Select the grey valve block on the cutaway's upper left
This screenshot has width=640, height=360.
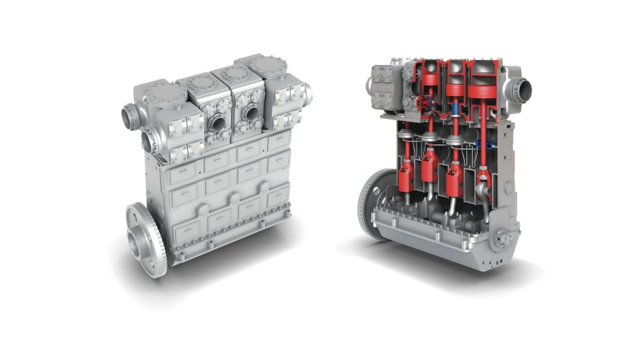pyautogui.click(x=382, y=88)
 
